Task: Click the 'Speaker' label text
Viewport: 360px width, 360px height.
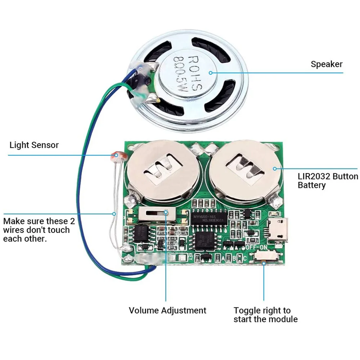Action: click(x=327, y=64)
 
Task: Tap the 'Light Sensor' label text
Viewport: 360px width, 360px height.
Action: click(x=34, y=145)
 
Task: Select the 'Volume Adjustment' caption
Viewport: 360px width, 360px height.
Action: click(x=167, y=310)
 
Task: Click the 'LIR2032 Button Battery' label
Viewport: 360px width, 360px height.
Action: click(x=328, y=181)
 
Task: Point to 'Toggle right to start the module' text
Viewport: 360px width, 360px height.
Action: click(x=265, y=315)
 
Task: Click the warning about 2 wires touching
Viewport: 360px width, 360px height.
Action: click(x=36, y=230)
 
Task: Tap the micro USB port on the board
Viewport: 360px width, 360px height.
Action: click(x=278, y=230)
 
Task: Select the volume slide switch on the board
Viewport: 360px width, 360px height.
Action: click(x=157, y=215)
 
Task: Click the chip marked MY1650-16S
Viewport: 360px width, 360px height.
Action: click(x=209, y=218)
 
